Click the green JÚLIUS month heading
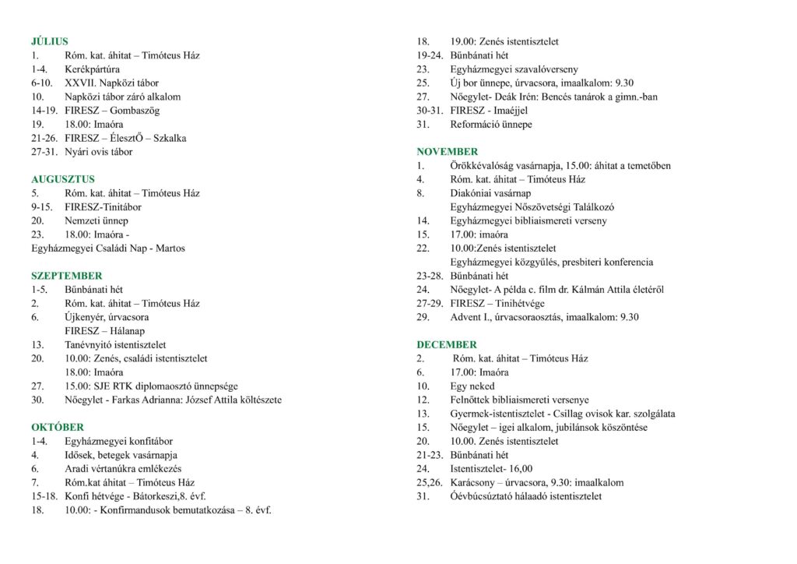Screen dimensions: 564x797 point(50,41)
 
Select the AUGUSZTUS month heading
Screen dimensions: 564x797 point(63,179)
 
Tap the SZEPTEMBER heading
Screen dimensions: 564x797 point(66,276)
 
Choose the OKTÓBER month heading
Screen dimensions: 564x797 point(58,427)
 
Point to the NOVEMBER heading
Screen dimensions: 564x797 point(448,151)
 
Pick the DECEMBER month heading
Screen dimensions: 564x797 point(447,344)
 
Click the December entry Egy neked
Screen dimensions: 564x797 point(472,386)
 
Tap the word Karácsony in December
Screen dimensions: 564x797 point(474,482)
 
